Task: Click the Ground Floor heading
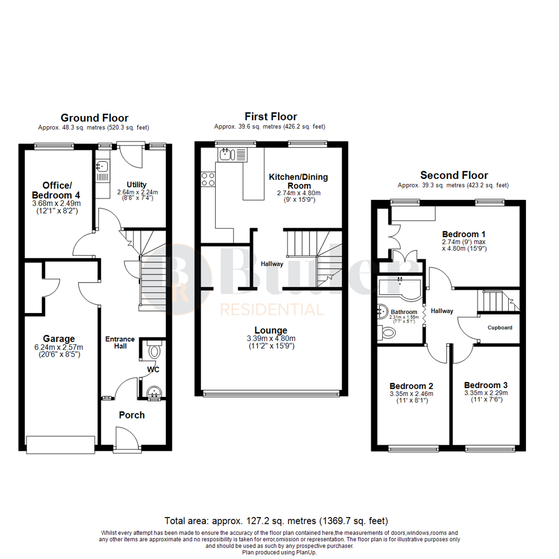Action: (94, 118)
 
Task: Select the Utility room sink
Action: (102, 167)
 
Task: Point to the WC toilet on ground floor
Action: (154, 352)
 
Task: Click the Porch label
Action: (132, 415)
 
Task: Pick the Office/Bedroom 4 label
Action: (62, 190)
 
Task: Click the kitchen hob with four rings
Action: (208, 179)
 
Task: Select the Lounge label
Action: (271, 330)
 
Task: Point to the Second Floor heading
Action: (453, 175)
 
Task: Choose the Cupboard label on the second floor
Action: (500, 328)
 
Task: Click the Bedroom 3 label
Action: (486, 385)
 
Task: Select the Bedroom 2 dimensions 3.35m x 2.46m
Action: (411, 394)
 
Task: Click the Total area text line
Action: (276, 520)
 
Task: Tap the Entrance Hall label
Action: (120, 343)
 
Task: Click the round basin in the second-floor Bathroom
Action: (384, 312)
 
